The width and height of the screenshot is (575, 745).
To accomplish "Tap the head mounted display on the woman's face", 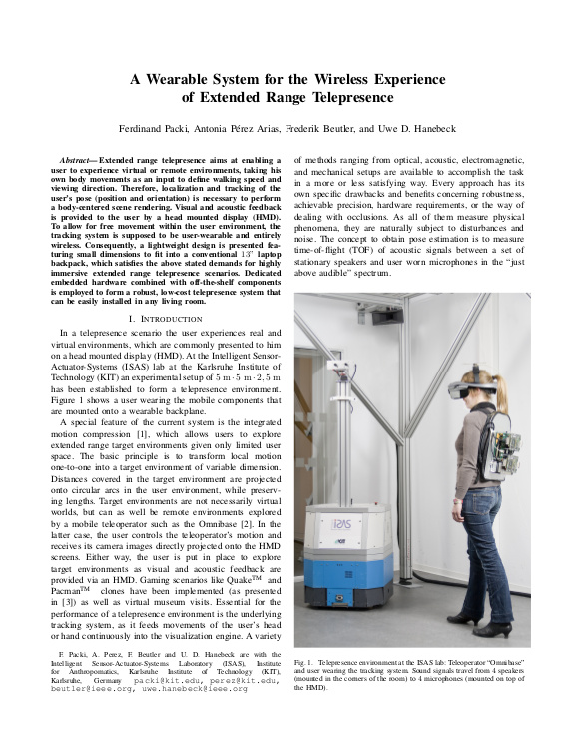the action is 458,384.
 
